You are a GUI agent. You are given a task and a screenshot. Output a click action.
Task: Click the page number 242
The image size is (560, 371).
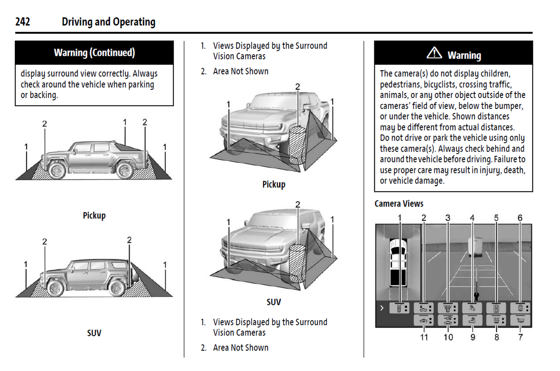[x=22, y=22]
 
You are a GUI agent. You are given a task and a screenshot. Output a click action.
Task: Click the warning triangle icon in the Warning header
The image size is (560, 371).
[x=434, y=53]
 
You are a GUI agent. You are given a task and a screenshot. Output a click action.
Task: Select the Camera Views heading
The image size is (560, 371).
[x=399, y=204]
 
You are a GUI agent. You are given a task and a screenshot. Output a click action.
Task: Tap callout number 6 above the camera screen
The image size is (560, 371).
[x=520, y=218]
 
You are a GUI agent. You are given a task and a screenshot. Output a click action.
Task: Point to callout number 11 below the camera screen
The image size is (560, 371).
[x=424, y=337]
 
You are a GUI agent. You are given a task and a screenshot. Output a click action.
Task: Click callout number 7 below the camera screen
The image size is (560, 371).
[x=520, y=337]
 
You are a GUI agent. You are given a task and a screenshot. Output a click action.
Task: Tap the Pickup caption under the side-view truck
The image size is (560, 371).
[x=94, y=216]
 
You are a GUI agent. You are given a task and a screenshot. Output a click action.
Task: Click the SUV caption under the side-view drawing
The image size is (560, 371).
[x=94, y=333]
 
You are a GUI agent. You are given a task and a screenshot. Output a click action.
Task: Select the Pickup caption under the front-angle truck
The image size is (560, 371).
[x=274, y=185]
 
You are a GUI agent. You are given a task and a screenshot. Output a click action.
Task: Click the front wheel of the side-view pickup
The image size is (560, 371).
[x=57, y=170]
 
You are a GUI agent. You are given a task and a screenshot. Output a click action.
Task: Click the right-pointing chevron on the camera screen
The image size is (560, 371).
[x=382, y=308]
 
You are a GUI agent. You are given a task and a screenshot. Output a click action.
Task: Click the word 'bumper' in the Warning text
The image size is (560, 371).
[x=508, y=106]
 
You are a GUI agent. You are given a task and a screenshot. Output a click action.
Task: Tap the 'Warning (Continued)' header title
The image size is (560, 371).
[x=94, y=53]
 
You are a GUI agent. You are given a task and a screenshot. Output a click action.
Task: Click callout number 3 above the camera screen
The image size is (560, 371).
[x=448, y=218]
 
